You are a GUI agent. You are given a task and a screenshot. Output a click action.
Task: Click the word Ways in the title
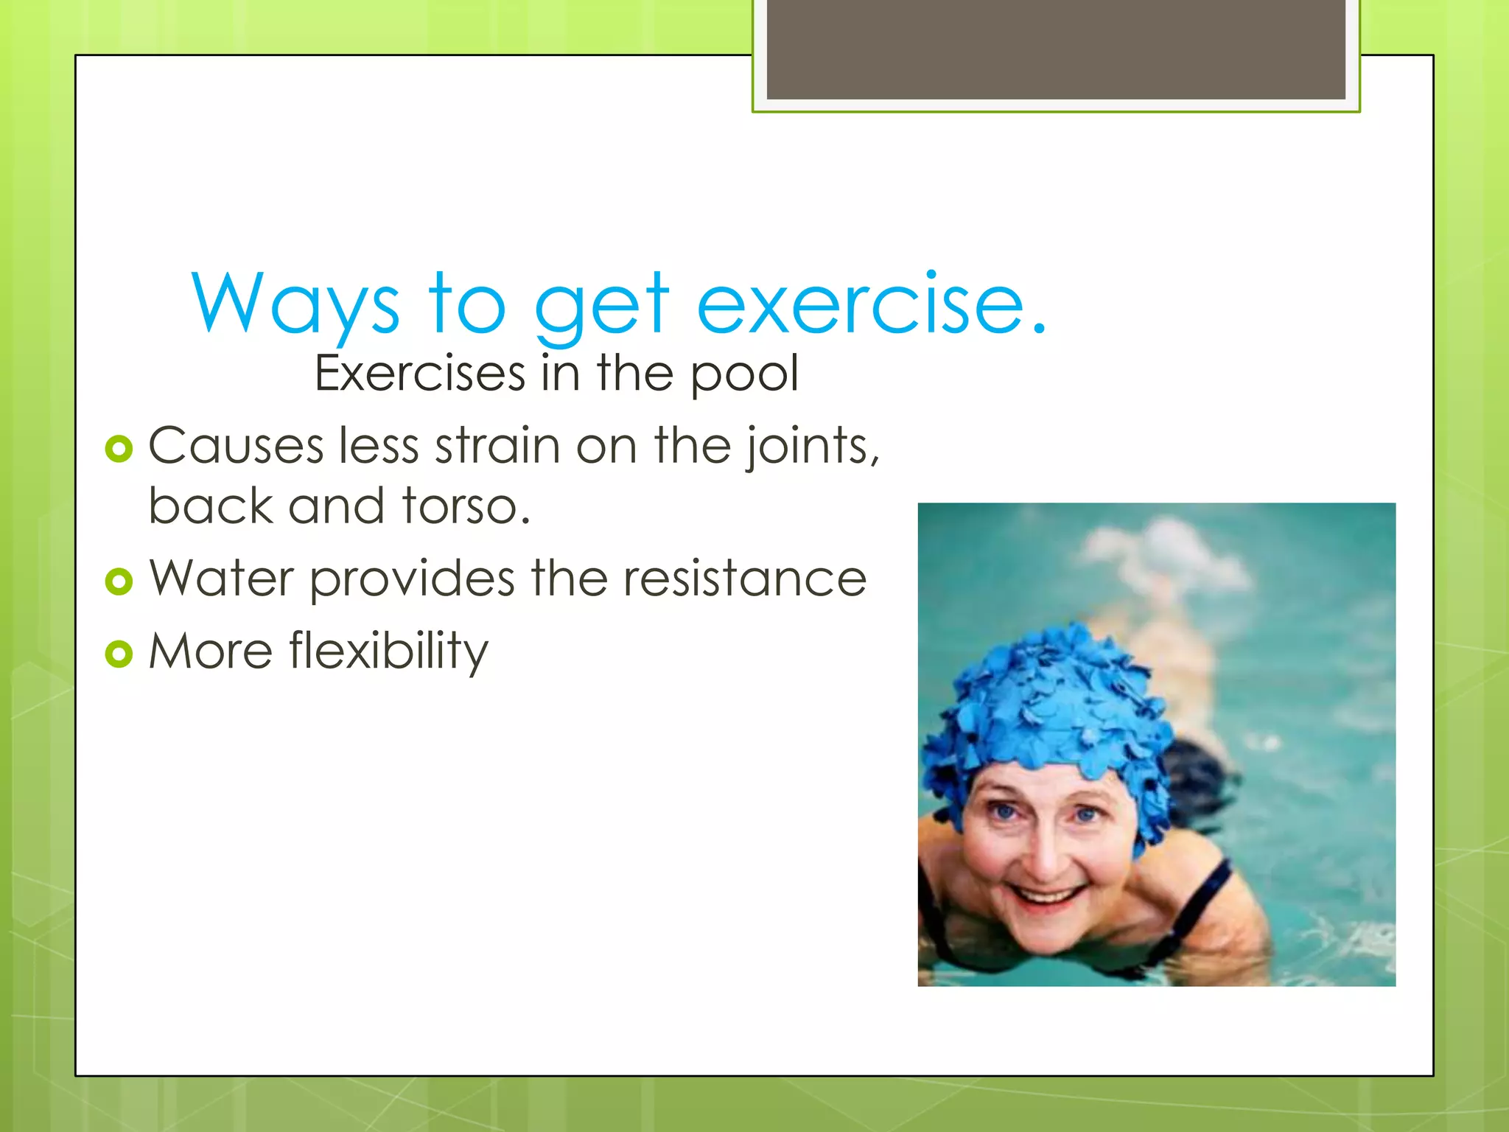[295, 303]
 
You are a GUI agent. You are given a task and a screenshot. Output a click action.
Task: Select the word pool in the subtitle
[744, 374]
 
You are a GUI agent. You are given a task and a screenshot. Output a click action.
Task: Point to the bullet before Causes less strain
[119, 448]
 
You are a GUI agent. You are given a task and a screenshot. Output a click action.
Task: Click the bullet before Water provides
[119, 581]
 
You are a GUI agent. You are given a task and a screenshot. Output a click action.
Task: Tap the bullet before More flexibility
[119, 653]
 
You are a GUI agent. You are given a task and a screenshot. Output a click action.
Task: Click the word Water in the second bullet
[221, 579]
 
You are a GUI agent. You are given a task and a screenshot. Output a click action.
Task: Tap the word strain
[497, 447]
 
